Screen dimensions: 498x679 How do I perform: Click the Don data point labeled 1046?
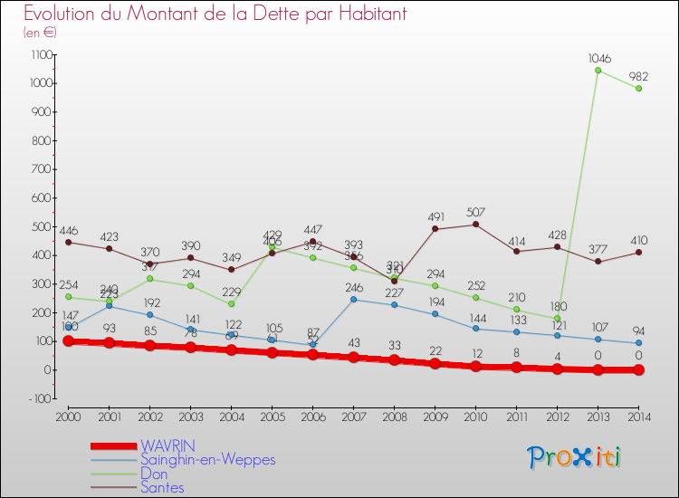598,71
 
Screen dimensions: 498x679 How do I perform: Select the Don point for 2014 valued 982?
639,89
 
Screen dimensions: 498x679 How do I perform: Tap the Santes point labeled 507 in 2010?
475,225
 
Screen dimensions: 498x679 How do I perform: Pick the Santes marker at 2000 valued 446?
68,242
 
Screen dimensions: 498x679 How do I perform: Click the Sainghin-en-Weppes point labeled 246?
353,300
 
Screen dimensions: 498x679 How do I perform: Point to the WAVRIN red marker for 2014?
639,369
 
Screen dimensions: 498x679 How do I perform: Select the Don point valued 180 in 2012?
557,318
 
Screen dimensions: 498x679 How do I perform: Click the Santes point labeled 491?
435,229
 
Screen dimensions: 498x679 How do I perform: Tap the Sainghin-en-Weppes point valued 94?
639,343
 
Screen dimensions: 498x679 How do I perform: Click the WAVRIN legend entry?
167,445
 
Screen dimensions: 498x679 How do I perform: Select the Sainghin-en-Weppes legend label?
207,459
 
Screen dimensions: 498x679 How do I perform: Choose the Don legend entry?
154,474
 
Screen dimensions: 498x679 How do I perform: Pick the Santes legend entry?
162,487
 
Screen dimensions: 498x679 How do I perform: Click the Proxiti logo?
574,457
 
